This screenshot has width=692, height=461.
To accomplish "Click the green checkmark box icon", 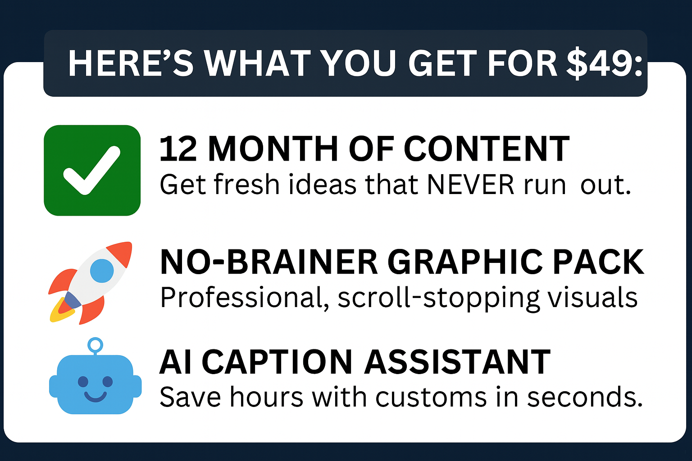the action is coord(92,170).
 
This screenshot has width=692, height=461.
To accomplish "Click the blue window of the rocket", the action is coord(102,271).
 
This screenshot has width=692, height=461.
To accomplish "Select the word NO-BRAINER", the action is coord(269,262).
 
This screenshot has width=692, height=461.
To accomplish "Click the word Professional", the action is coord(245,298).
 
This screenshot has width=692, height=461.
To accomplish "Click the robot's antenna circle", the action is coord(95,344).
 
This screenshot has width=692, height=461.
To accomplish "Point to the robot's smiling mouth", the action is coord(96,397).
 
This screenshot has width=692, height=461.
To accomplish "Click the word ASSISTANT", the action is coord(457,362).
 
